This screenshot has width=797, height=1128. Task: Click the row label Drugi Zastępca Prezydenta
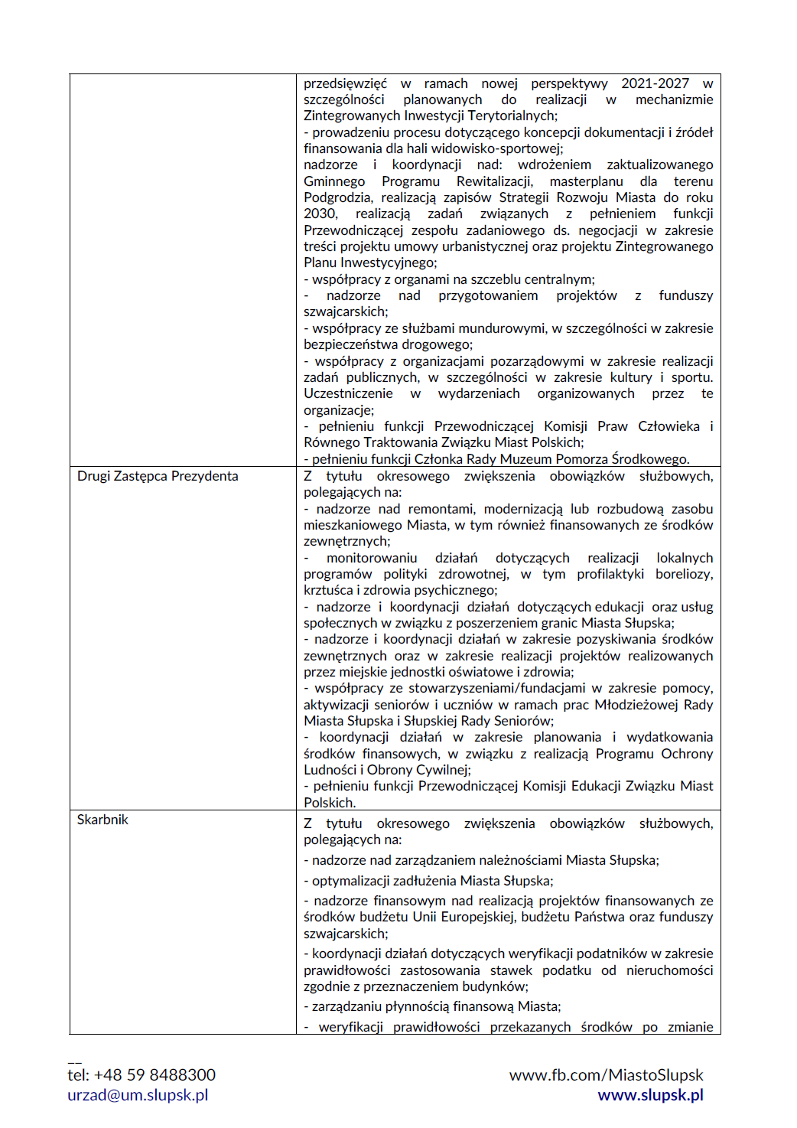point(158,476)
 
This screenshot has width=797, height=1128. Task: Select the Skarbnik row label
point(102,820)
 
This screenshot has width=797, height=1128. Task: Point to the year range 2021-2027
point(655,83)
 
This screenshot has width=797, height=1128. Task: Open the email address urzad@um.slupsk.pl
point(138,1095)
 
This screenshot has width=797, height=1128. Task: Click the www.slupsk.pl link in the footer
point(650,1095)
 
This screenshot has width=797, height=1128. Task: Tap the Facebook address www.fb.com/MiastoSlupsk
point(606,1075)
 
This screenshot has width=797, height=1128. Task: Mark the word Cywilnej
point(440,770)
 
